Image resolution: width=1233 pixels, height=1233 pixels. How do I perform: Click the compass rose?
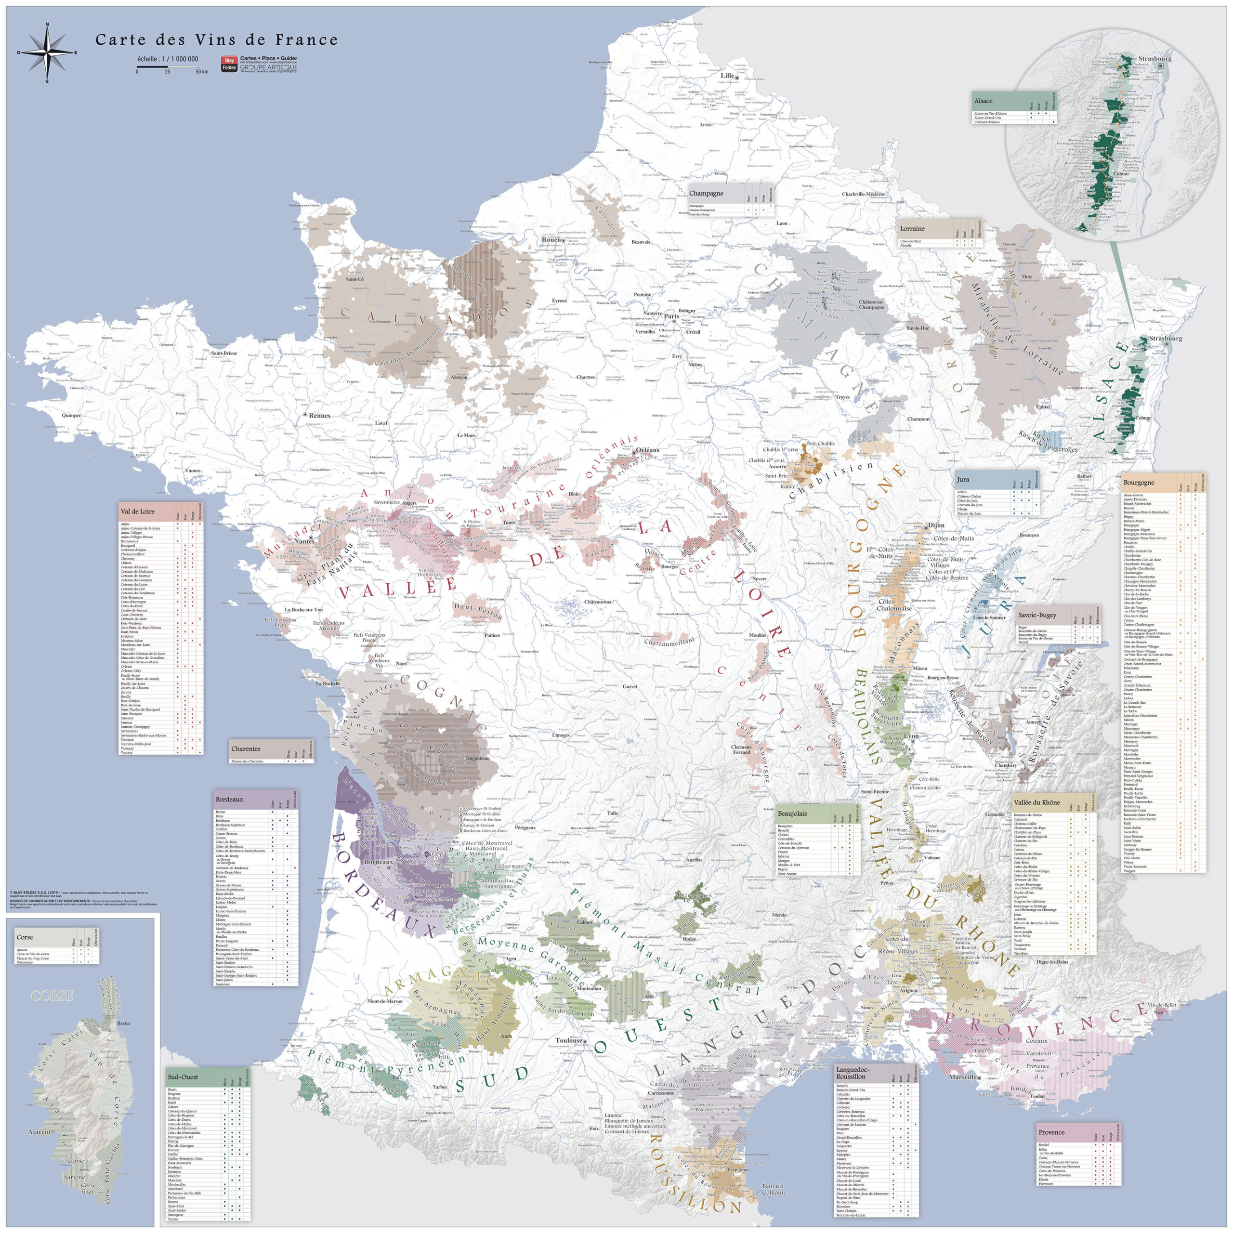click(x=47, y=53)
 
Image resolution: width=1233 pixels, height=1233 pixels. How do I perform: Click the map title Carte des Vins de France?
click(x=216, y=39)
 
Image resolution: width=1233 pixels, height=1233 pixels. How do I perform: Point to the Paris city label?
click(x=671, y=316)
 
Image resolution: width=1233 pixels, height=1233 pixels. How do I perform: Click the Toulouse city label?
click(x=569, y=1041)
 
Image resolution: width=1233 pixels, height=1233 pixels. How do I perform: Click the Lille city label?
click(x=728, y=75)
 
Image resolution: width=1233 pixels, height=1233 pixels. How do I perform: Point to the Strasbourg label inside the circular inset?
click(x=1155, y=59)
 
